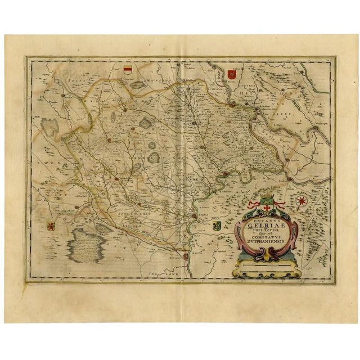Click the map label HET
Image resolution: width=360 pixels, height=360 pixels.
[238, 97]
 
